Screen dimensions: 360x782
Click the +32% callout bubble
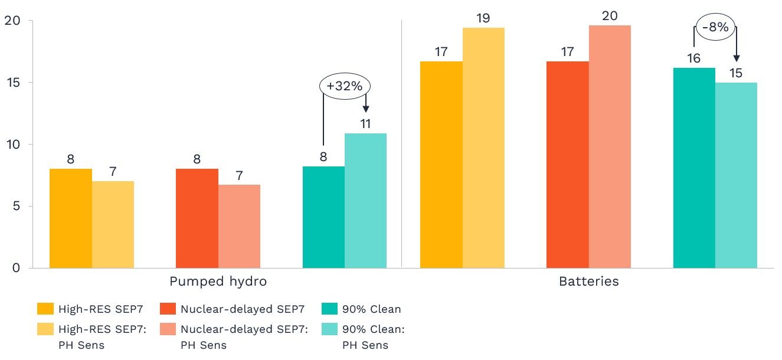[x=345, y=86]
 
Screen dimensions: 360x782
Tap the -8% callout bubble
[x=715, y=27]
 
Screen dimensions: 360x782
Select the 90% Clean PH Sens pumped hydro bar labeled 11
[x=365, y=201]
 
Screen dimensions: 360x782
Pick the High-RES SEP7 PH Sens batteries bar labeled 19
[x=483, y=148]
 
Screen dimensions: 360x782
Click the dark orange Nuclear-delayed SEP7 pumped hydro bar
[x=197, y=218]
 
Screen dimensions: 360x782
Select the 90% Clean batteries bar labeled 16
[x=694, y=168]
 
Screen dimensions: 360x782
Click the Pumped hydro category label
[x=218, y=282]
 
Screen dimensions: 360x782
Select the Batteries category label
[x=588, y=282]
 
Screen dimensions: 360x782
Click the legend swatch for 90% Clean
[x=330, y=309]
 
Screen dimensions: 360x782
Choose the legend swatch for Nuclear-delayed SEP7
[x=168, y=309]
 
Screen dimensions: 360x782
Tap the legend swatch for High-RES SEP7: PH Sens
[x=45, y=330]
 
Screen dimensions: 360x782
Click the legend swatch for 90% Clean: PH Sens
[x=330, y=330]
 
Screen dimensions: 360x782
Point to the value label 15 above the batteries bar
[x=735, y=74]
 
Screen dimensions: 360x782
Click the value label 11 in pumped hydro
[x=365, y=125]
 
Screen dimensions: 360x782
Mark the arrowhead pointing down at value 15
[x=736, y=58]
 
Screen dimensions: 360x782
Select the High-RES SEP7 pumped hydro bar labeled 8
[x=70, y=218]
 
